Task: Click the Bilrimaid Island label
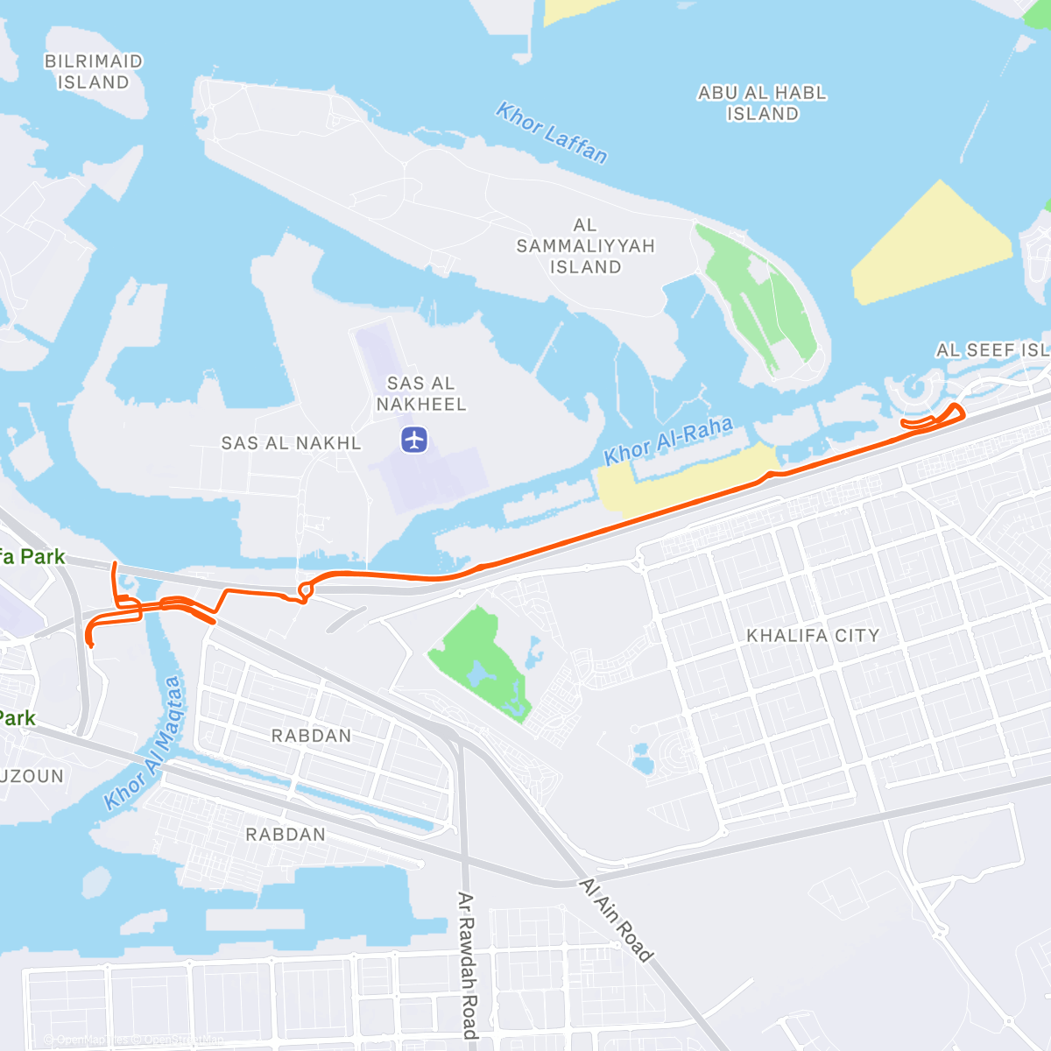click(x=93, y=72)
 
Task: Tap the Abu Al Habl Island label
click(x=762, y=103)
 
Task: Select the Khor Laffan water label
click(x=551, y=133)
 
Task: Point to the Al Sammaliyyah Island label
click(x=585, y=246)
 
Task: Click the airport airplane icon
click(x=414, y=439)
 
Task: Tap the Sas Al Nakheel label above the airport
click(x=421, y=393)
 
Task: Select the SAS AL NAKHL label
click(x=291, y=443)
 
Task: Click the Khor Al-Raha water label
click(x=668, y=441)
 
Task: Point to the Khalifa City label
click(x=812, y=636)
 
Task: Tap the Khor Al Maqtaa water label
click(x=145, y=743)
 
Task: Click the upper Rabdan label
click(x=311, y=736)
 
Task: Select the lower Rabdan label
click(x=286, y=835)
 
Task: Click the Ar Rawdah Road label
click(x=468, y=963)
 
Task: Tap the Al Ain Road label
click(x=617, y=920)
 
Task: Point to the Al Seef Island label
click(x=992, y=350)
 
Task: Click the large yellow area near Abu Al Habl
click(x=933, y=245)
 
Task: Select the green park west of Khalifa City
click(x=477, y=661)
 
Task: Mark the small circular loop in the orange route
click(x=305, y=591)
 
